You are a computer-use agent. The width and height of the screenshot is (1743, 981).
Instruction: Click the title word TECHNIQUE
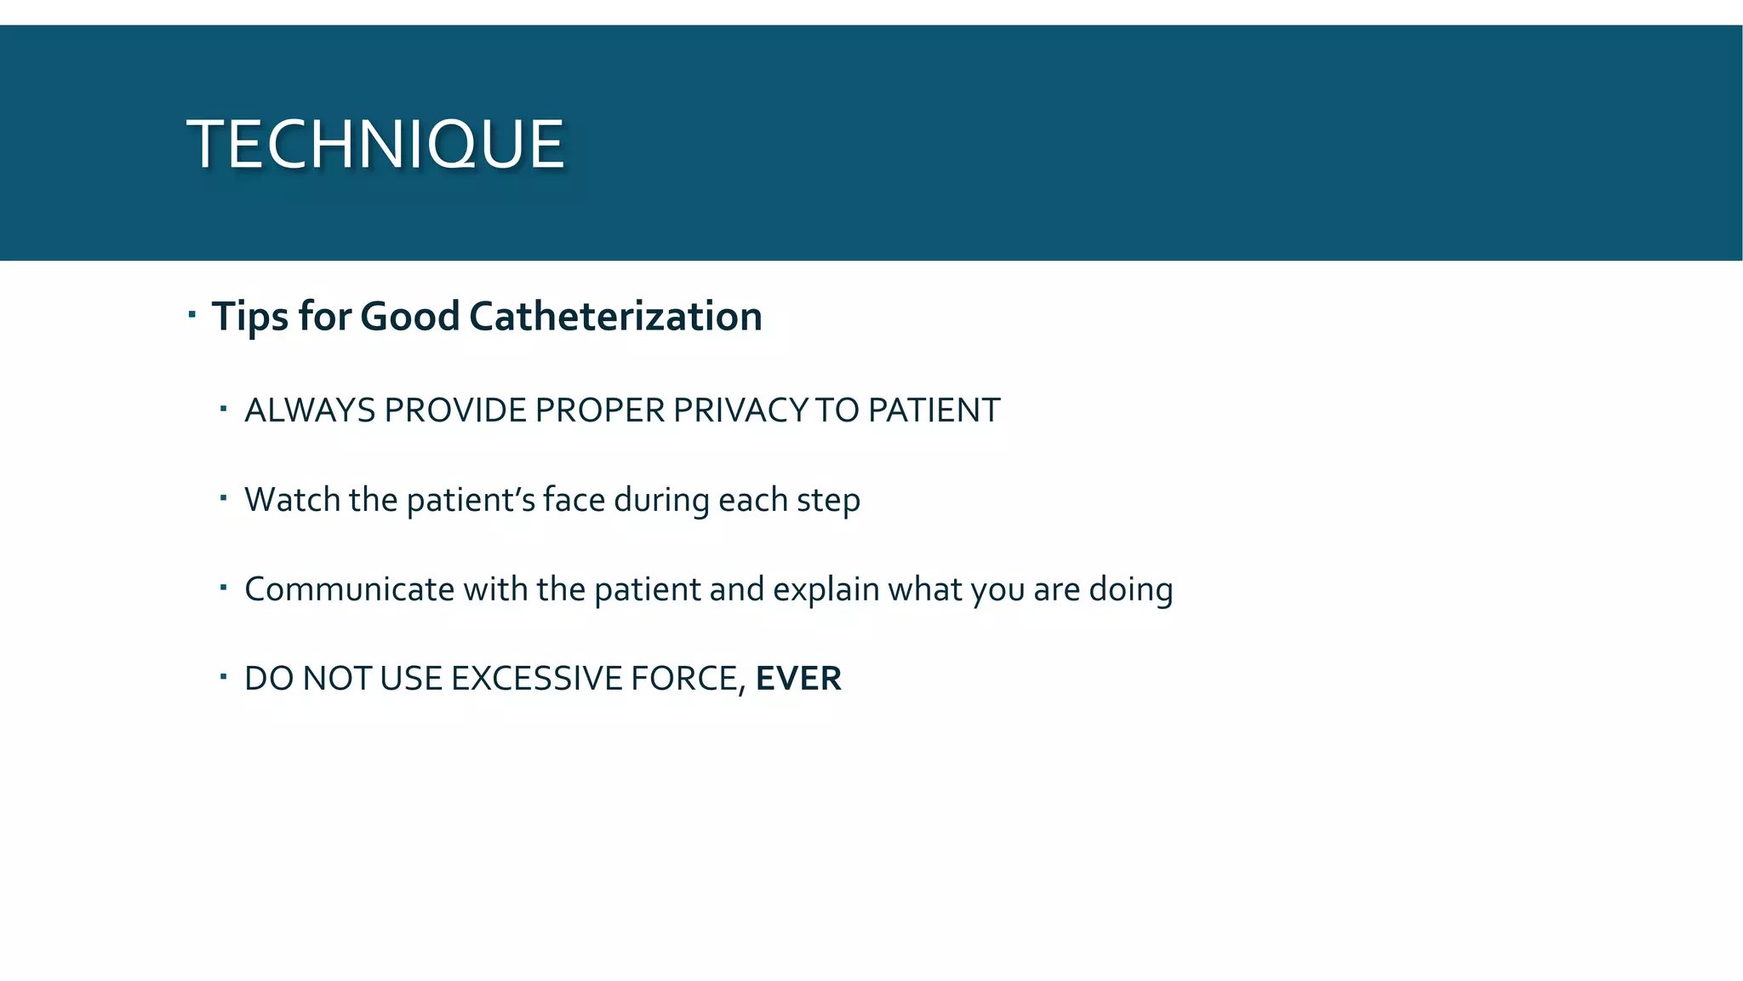click(x=375, y=144)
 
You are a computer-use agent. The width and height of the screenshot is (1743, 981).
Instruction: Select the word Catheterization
click(x=615, y=317)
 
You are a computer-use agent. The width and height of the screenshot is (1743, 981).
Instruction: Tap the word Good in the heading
click(x=409, y=317)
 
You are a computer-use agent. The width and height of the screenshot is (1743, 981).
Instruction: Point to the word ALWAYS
click(x=310, y=410)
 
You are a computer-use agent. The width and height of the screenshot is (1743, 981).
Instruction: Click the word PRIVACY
click(x=740, y=410)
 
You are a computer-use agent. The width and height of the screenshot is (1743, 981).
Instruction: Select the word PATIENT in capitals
click(x=934, y=410)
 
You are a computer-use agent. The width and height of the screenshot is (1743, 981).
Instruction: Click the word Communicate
click(x=349, y=589)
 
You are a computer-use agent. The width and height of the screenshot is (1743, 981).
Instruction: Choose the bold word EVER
click(x=798, y=679)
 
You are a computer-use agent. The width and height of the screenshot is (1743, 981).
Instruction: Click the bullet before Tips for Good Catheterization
click(x=192, y=315)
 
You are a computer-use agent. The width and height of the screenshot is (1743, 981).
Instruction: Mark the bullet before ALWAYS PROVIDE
click(x=223, y=410)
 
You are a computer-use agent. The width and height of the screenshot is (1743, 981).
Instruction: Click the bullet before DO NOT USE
click(x=223, y=678)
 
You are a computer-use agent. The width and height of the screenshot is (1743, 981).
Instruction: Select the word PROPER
click(x=600, y=410)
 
